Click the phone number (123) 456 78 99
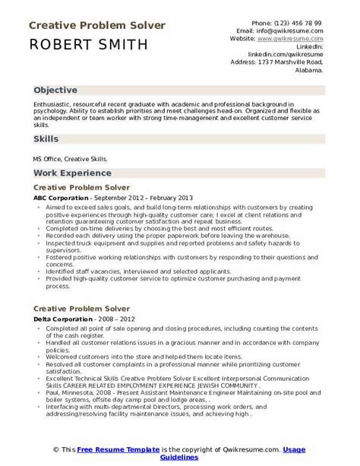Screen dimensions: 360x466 (x=299, y=23)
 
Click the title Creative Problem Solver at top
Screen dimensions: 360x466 (x=96, y=26)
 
